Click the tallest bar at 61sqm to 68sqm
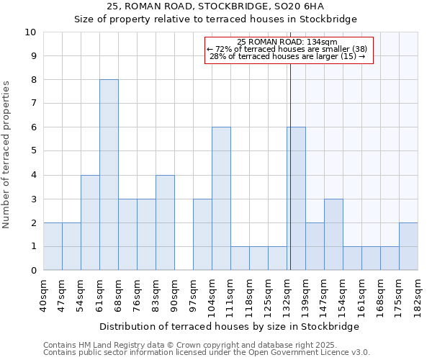pos(109,175)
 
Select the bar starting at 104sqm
pos(221,199)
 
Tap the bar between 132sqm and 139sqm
pos(296,199)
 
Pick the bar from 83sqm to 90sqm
pos(165,222)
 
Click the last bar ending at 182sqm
pos(408,246)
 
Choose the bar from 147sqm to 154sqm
pos(333,235)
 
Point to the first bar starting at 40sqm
pos(53,246)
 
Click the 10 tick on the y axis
pos(31,32)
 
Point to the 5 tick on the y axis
pos(33,151)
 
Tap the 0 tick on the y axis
pos(33,271)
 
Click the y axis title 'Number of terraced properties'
pos(6,155)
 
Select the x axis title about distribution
pos(229,326)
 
